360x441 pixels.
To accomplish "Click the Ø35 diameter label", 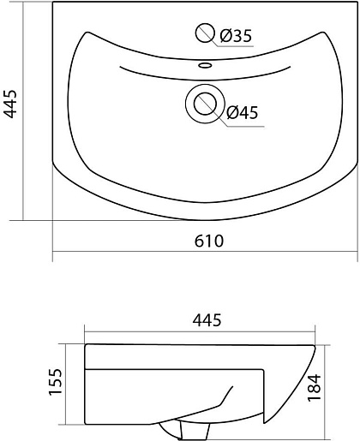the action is (236, 36).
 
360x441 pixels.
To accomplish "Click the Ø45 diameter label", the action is (243, 112).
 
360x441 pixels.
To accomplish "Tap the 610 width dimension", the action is (209, 241).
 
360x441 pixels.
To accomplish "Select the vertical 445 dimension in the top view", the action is (10, 104).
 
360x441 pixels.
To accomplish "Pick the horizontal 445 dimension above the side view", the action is (207, 320).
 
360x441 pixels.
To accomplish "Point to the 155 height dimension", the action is (55, 382).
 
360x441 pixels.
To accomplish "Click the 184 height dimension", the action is (314, 388).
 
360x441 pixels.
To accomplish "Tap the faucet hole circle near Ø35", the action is (205, 33).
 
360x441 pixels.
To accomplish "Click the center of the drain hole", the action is (205, 104).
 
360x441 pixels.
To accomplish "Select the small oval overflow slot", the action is (205, 65).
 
